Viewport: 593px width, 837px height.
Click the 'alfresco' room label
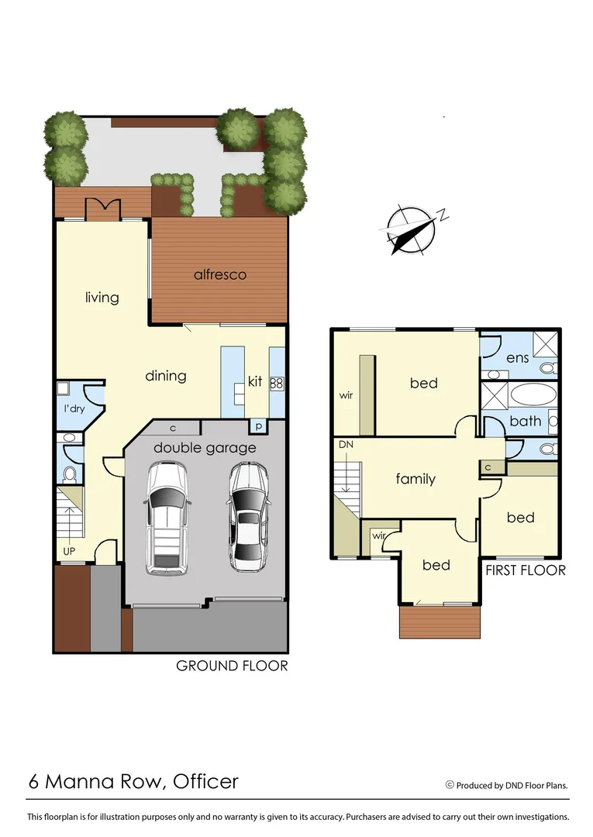pos(220,274)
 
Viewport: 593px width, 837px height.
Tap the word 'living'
pos(102,297)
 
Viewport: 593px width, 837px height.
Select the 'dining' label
pos(166,376)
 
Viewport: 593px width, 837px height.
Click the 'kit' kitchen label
pos(255,381)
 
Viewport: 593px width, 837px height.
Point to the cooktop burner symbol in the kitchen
pos(277,383)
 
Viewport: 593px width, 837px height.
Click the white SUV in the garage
pos(167,517)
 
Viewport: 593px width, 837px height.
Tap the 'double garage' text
pos(205,448)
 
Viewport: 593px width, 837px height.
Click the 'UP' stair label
pos(70,551)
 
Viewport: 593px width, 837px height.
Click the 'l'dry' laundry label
pos(74,408)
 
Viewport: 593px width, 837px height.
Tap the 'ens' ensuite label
pos(518,358)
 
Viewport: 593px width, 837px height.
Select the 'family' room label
pos(415,479)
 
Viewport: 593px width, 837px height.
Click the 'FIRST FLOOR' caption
pos(525,570)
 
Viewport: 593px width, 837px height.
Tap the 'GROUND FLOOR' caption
pos(233,665)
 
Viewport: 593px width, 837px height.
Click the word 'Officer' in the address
pos(206,781)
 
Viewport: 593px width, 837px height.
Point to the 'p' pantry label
pos(257,427)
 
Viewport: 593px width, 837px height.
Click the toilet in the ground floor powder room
pos(70,474)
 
